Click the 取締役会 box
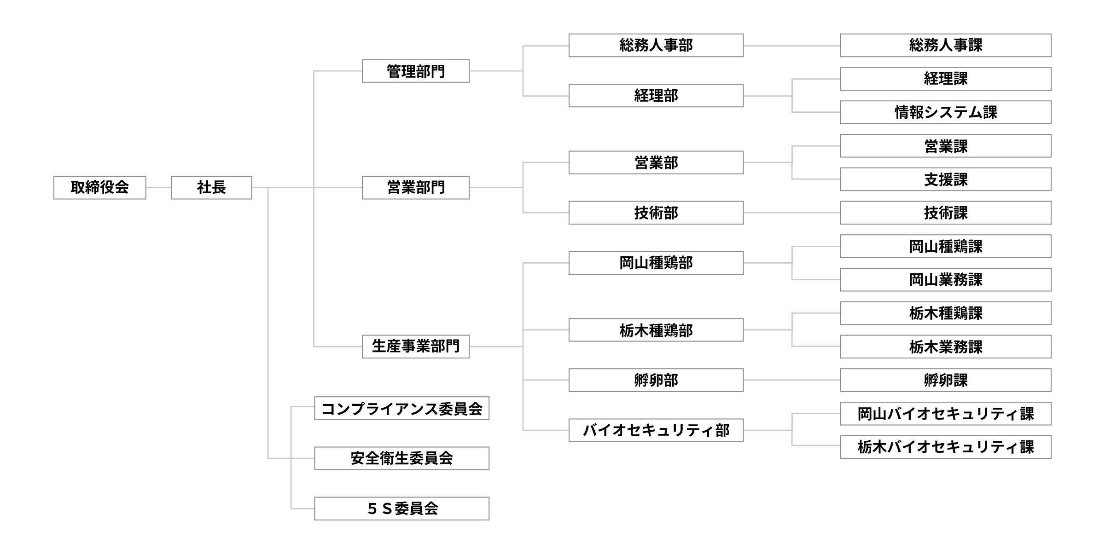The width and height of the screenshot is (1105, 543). [99, 187]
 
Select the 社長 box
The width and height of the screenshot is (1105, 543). [211, 187]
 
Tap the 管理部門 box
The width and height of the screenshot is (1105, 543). [415, 71]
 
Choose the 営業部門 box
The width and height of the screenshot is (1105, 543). [415, 187]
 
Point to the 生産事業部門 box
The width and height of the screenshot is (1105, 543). [415, 346]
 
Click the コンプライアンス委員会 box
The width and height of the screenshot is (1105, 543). [401, 408]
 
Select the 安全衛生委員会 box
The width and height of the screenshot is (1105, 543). [401, 458]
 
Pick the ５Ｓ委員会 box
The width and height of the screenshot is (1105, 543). [401, 508]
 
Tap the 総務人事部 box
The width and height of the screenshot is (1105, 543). [656, 46]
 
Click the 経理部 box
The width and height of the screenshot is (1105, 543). [656, 96]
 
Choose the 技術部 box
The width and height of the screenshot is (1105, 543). [656, 213]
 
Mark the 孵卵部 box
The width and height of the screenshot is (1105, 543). [656, 380]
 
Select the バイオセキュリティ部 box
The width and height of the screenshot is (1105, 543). [656, 430]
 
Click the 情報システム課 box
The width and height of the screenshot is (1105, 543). [945, 112]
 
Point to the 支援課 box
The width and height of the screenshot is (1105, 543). [945, 179]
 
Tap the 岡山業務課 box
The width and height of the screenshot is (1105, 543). [945, 280]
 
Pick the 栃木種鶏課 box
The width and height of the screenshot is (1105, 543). [945, 313]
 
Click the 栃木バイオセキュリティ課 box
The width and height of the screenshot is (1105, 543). [945, 447]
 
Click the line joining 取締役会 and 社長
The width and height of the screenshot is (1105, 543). [158, 187]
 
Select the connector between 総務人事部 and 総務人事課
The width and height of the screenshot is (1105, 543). [792, 46]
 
